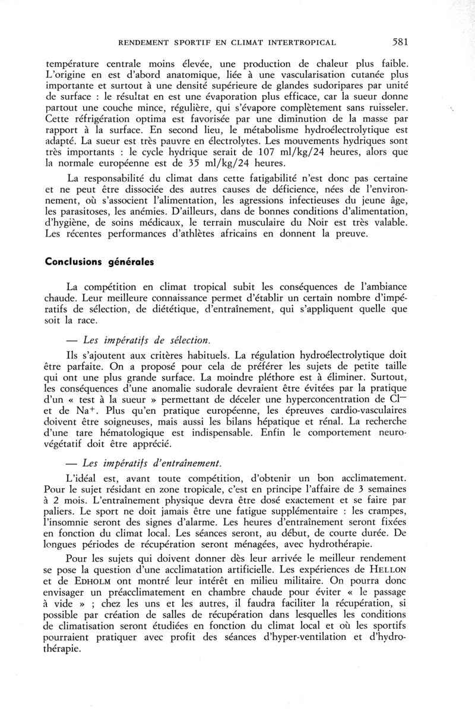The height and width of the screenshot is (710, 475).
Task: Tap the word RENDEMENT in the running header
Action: pyautogui.click(x=142, y=42)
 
